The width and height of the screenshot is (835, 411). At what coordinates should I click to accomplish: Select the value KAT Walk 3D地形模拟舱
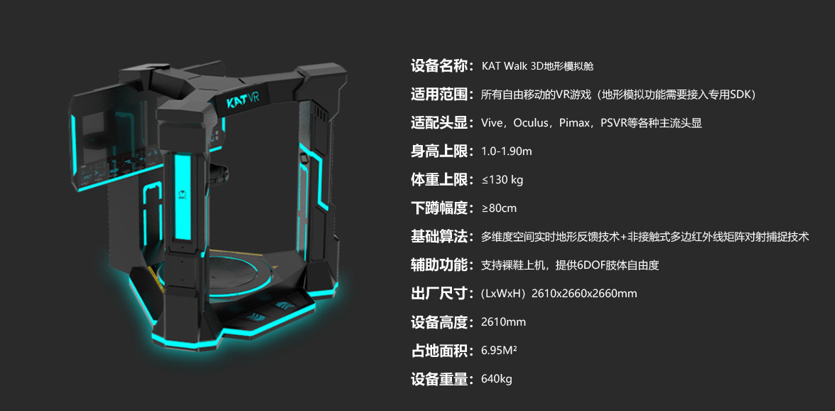(x=537, y=66)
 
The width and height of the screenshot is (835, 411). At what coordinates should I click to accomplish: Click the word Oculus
(x=532, y=123)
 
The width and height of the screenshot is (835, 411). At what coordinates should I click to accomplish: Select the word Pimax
(x=577, y=123)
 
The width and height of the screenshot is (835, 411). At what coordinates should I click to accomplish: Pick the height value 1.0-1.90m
(x=507, y=151)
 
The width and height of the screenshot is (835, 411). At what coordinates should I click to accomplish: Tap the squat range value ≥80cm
(x=499, y=208)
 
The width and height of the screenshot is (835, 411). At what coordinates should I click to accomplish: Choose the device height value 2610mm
(x=503, y=322)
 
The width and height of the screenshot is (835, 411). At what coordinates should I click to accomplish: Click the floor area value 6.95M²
(x=499, y=351)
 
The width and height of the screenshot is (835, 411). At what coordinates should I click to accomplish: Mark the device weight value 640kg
(x=496, y=379)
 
